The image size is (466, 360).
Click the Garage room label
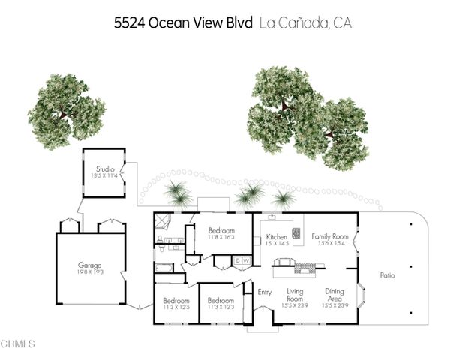pyautogui.click(x=90, y=265)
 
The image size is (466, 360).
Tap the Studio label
pyautogui.click(x=104, y=169)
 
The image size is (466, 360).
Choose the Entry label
pyautogui.click(x=264, y=292)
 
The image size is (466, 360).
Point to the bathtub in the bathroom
pyautogui.click(x=164, y=267)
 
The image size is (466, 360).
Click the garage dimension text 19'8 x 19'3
pyautogui.click(x=90, y=272)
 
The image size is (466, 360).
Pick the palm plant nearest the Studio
pyautogui.click(x=175, y=193)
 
